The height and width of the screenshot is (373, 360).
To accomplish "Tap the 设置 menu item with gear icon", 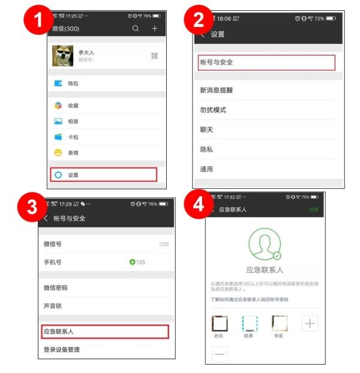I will point(103,175).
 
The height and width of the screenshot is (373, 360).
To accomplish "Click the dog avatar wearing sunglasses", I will point(62,56).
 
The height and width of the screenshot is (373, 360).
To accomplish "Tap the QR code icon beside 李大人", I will point(154,56).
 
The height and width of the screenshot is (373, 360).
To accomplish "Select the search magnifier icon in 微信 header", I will point(136,28).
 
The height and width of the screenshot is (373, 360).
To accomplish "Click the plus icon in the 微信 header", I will point(154,28).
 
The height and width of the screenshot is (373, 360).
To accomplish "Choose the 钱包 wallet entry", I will point(72,83).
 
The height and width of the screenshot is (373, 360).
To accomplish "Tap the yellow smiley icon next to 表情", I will point(58,153).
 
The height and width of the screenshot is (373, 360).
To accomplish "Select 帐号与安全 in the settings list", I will point(266,62).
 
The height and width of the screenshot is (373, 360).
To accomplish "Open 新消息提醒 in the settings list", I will point(216,90).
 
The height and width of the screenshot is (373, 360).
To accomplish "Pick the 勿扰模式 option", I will point(213,110).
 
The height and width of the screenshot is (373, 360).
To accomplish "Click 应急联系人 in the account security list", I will point(106,331).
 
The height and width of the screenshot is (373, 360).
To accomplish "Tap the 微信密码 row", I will point(56,288).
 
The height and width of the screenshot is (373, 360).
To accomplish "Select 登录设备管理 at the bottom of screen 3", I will point(62,350).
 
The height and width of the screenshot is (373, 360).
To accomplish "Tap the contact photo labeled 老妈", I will point(220,324).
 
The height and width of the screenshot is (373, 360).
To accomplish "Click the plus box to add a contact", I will point(309,324).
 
